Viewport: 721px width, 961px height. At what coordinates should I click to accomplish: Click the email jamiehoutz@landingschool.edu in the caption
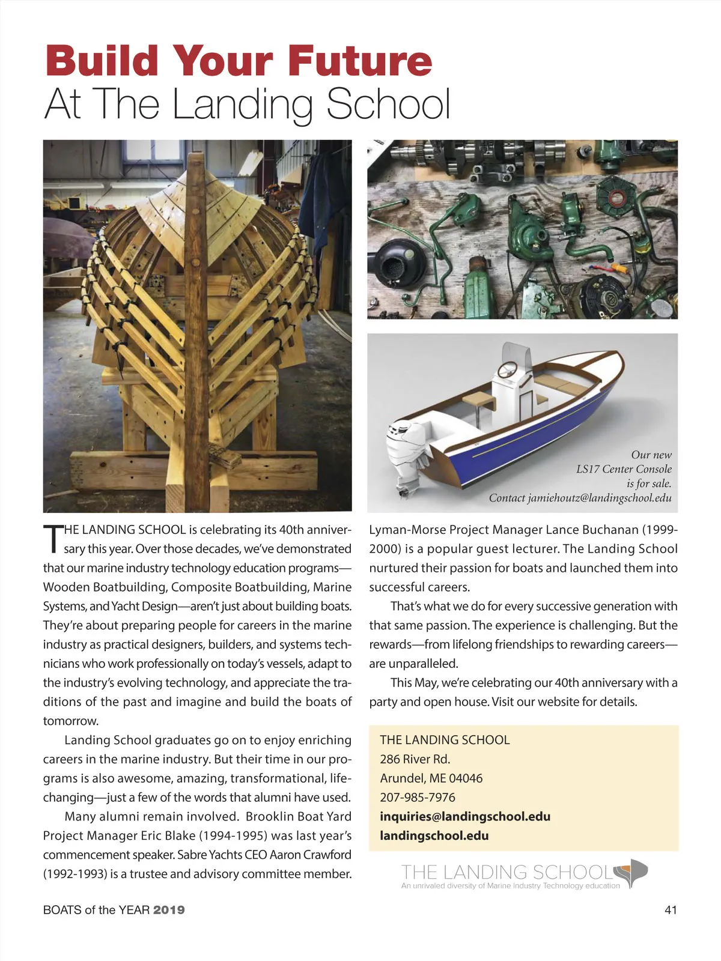[x=599, y=498]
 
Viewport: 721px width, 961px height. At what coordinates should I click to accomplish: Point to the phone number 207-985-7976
[x=418, y=797]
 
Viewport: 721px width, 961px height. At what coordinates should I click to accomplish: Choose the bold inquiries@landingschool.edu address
[x=465, y=816]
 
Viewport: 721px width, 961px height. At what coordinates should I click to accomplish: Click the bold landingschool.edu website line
[x=434, y=835]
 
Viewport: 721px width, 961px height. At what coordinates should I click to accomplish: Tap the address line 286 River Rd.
[x=415, y=759]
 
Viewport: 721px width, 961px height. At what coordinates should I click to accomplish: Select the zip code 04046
[x=466, y=778]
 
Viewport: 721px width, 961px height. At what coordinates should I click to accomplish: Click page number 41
[x=671, y=910]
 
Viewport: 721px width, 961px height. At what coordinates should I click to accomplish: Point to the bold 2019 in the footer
[x=169, y=910]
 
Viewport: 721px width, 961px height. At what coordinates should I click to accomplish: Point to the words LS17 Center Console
[x=624, y=469]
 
